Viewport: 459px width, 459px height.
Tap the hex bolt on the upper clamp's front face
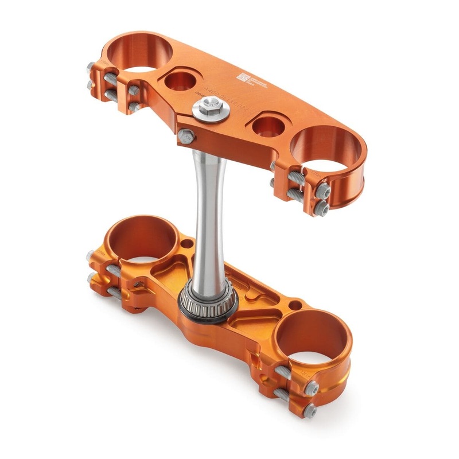tap(184, 136)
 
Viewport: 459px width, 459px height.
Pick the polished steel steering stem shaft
tap(208, 212)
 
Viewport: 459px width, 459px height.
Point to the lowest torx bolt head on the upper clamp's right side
tap(322, 211)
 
